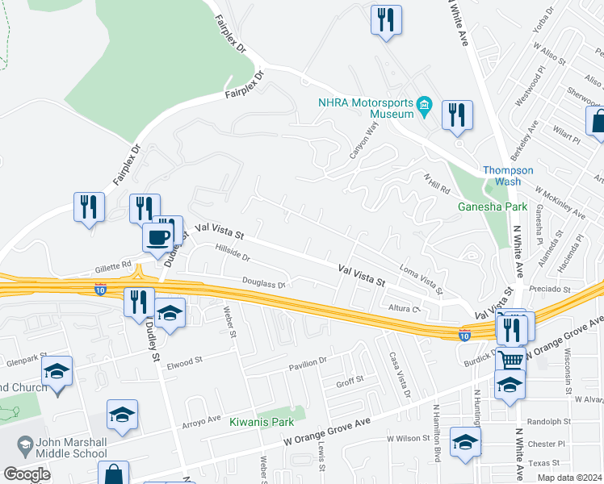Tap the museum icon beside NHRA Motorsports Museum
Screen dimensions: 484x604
point(422,106)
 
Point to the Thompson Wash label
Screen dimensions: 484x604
point(508,176)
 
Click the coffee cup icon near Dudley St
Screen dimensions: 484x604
point(157,237)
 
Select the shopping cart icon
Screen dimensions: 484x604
point(510,359)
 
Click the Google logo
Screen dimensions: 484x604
point(27,474)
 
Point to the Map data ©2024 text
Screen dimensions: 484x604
point(570,478)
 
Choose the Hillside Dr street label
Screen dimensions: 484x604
point(233,255)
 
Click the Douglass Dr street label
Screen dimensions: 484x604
point(265,284)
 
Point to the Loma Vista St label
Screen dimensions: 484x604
point(422,278)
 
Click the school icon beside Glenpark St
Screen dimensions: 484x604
point(57,373)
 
